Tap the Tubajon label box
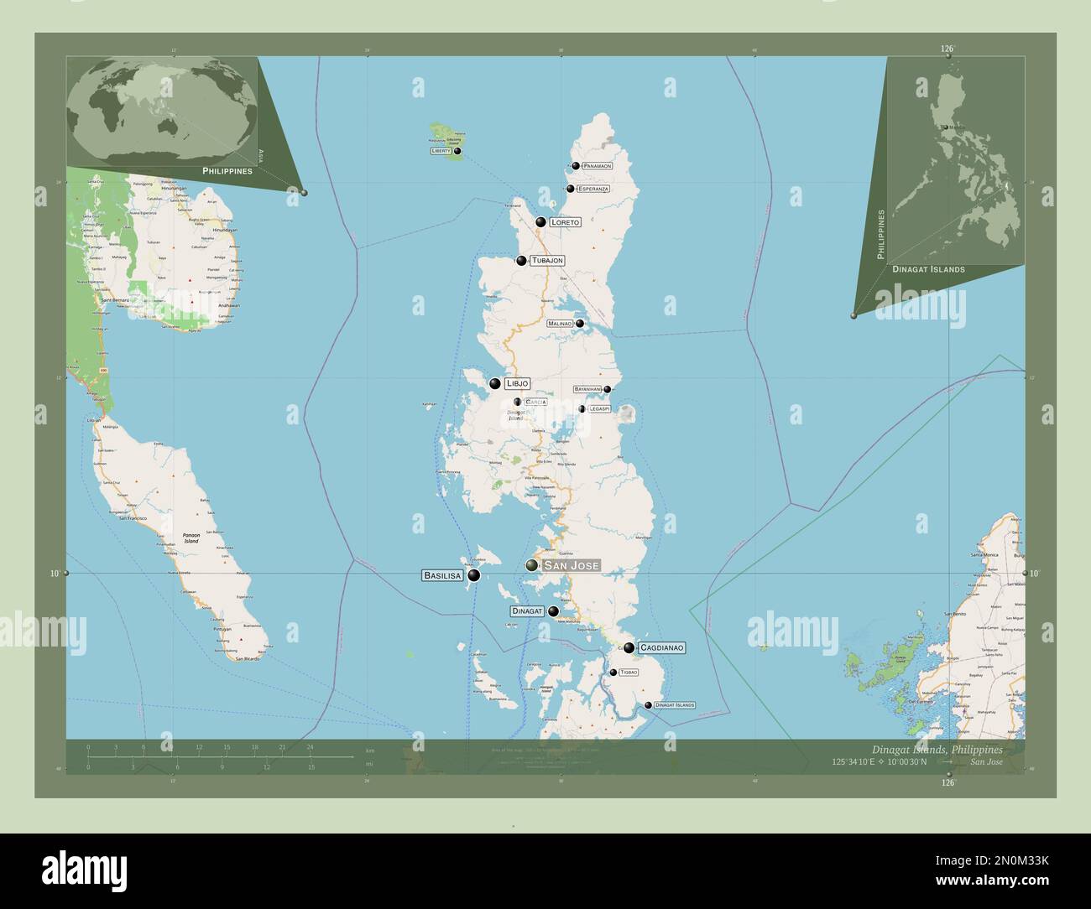coord(546,261)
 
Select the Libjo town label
coord(517,383)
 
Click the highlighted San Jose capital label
coord(572,566)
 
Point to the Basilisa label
coord(442,576)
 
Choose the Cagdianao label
coord(662,648)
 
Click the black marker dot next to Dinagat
coord(553,611)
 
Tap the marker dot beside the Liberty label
coord(457,151)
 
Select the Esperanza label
coord(593,189)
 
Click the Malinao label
coord(560,324)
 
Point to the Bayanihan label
coord(587,389)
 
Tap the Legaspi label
coord(599,408)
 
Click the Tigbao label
coord(629,673)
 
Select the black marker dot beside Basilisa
coord(474,575)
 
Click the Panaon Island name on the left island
coord(191,538)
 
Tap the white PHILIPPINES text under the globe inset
coord(227,170)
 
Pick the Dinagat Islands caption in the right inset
coord(928,270)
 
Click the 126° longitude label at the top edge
coord(947,49)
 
